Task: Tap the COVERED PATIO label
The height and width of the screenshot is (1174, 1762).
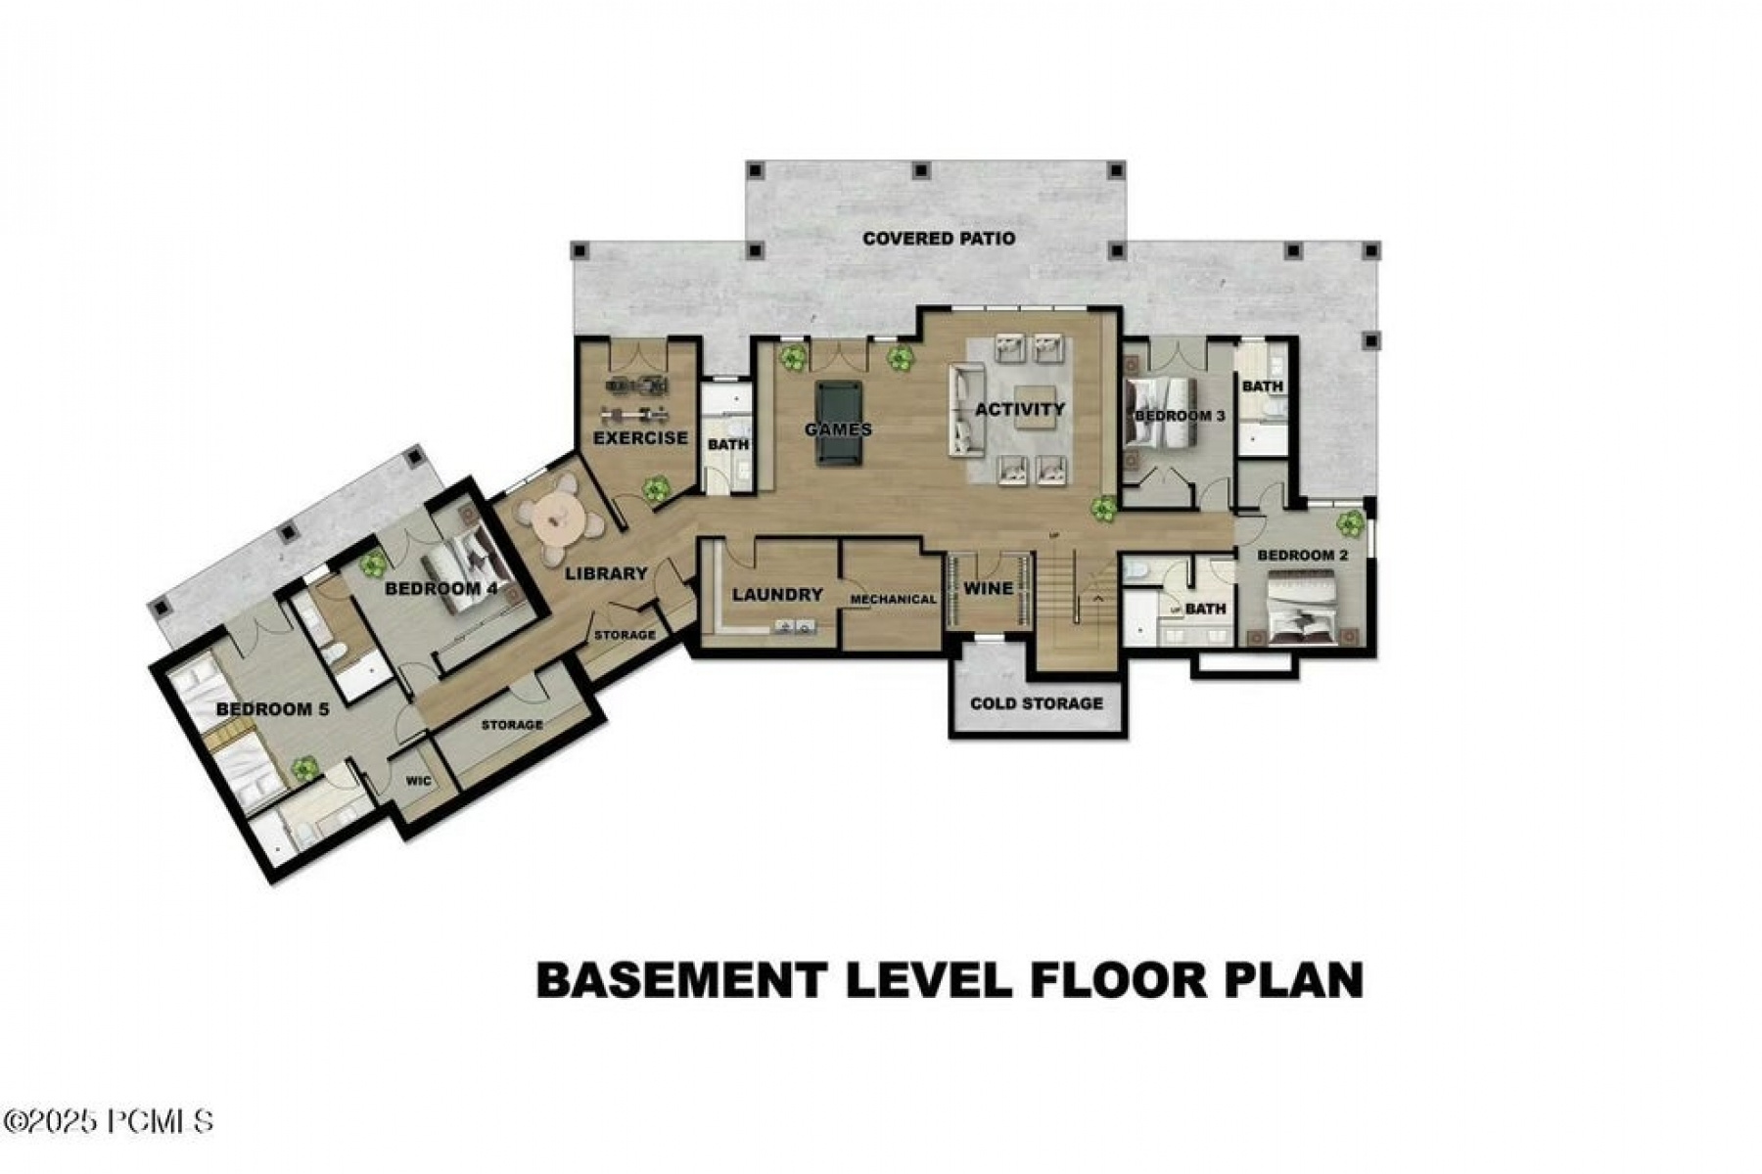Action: tap(939, 239)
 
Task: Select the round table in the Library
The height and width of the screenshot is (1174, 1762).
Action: tap(558, 520)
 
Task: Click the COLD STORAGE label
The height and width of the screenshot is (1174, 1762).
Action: tap(1036, 703)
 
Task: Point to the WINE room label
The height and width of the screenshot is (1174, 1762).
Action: tap(988, 588)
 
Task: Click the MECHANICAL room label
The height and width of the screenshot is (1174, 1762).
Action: tap(893, 600)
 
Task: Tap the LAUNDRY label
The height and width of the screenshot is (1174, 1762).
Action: tap(777, 594)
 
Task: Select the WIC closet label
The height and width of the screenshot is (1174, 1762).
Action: tap(419, 782)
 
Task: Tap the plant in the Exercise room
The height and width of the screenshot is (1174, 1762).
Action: tap(655, 486)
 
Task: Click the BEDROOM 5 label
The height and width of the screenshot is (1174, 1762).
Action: tap(272, 709)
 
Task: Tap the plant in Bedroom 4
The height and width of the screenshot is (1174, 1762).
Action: tap(372, 563)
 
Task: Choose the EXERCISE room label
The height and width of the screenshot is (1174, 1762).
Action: tap(640, 437)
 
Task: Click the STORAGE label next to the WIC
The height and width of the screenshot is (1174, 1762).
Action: tap(511, 725)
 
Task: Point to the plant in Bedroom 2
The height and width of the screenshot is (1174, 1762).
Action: tap(1350, 523)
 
